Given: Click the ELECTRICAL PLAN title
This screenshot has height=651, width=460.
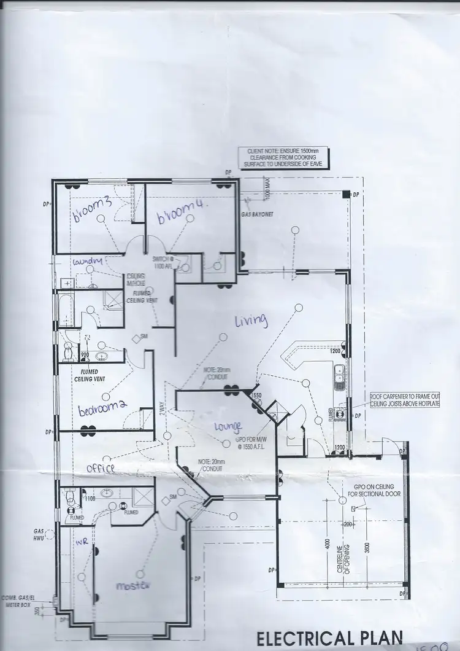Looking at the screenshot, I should click(329, 638).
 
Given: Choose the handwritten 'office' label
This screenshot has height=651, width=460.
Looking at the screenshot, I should click(100, 468).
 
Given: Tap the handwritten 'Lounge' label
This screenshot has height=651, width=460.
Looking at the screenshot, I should click(228, 426).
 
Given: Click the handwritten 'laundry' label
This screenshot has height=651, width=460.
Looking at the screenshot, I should click(86, 262).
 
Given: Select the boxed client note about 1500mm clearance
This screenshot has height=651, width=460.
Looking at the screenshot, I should click(283, 158).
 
